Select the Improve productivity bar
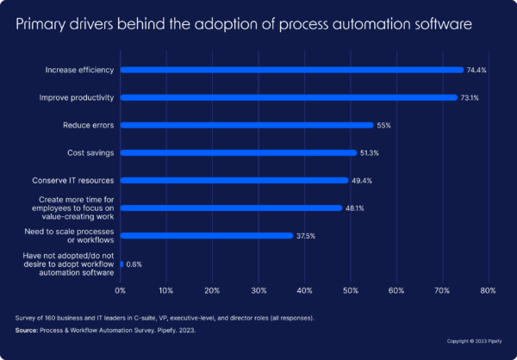click(288, 97)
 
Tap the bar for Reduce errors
click(246, 125)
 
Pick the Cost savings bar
click(238, 152)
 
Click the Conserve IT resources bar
click(234, 180)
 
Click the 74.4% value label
click(477, 70)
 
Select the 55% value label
click(384, 125)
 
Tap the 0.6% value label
click(134, 264)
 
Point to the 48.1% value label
click(356, 208)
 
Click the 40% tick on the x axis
click(304, 290)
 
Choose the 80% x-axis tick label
click(488, 290)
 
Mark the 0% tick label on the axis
click(121, 290)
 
